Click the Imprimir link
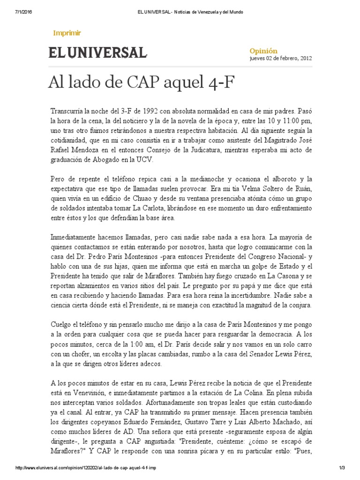pyautogui.click(x=67, y=33)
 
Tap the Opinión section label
pyautogui.click(x=263, y=51)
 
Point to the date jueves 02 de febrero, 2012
pyautogui.click(x=280, y=59)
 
